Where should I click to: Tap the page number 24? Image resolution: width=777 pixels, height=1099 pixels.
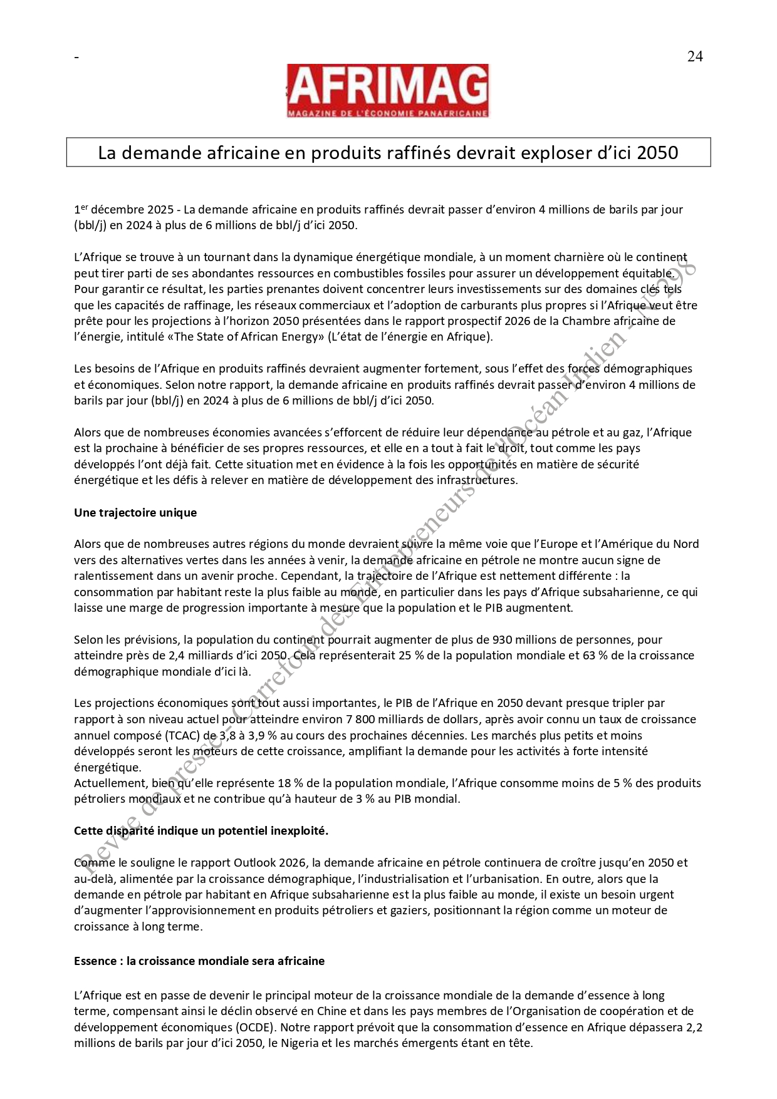coord(695,57)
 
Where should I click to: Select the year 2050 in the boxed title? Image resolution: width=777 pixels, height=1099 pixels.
coord(657,153)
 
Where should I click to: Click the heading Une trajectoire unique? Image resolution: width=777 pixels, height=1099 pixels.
coord(135,513)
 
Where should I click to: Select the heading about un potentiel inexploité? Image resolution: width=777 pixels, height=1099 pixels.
coord(201,831)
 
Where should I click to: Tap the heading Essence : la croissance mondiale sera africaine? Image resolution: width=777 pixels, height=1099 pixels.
coord(199,961)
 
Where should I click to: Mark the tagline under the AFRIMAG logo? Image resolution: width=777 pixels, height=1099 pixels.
coord(387,113)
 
